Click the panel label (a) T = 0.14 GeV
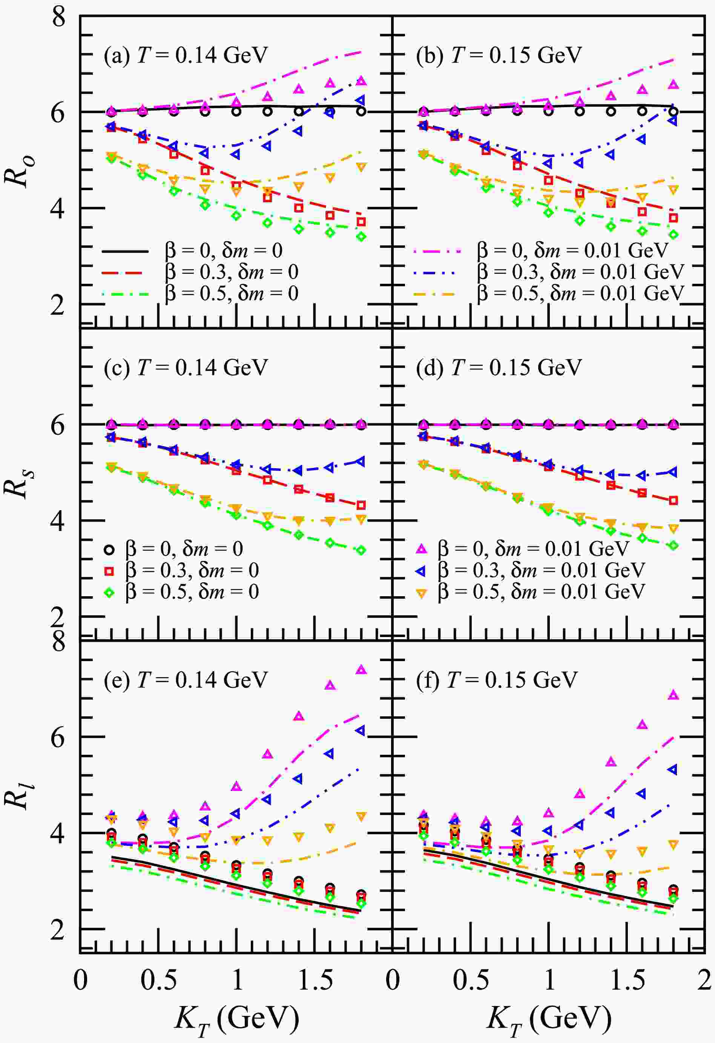[186, 55]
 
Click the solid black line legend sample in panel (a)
[125, 251]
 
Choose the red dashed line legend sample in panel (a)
[125, 272]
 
